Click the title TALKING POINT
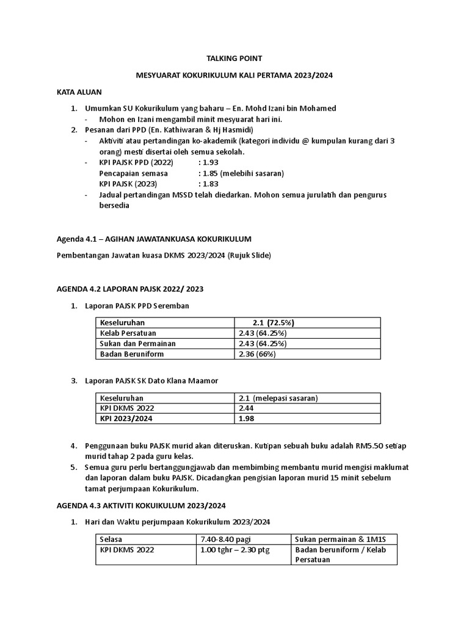coord(234,59)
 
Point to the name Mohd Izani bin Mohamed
coord(286,108)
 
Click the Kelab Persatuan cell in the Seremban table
coord(128,333)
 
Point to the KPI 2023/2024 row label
coord(127,419)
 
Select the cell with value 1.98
coord(247,419)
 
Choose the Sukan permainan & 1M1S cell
coord(336,539)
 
